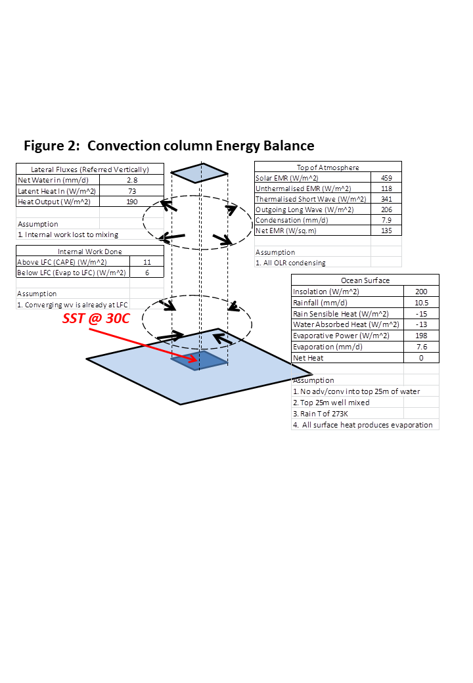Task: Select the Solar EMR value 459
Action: (386, 178)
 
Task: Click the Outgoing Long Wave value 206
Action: (386, 209)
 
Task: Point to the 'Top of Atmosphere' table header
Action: (328, 167)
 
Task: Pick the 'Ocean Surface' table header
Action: (365, 280)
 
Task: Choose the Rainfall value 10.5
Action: (421, 303)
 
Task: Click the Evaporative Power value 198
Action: (421, 336)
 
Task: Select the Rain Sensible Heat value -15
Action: (421, 314)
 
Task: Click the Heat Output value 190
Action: (131, 201)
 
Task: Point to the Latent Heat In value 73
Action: (131, 190)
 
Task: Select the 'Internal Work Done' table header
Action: (89, 252)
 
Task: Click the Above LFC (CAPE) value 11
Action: (146, 262)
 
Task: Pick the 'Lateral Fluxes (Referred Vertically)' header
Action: (89, 169)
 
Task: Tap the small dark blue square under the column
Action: (200, 359)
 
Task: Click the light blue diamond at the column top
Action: (200, 173)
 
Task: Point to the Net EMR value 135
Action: (386, 231)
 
